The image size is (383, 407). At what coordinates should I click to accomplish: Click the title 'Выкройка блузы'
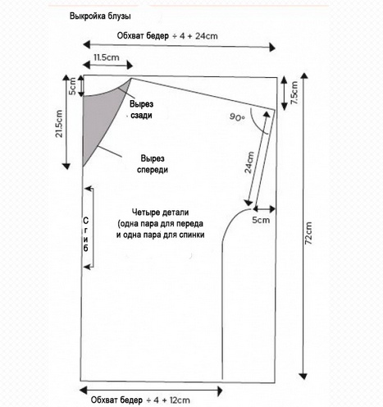coord(100,16)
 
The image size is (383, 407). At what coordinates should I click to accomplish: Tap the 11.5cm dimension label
coord(107,57)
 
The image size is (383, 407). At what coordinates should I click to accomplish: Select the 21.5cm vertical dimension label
coord(59,124)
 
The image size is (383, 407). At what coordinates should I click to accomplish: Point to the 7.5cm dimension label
coord(294,93)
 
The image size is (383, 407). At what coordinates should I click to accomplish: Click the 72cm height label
coord(308,233)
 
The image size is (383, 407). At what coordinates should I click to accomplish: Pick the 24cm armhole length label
coord(249,162)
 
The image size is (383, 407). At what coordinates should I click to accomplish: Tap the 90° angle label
coord(237,117)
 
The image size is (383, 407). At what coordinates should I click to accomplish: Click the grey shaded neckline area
coord(101,115)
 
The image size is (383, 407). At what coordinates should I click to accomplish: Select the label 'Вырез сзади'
coord(141,110)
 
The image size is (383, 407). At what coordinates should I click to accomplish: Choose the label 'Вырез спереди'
coord(153,164)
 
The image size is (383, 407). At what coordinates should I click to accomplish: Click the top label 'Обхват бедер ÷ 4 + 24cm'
coord(167,36)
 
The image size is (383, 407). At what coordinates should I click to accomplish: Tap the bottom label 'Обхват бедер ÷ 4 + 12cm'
coord(140,400)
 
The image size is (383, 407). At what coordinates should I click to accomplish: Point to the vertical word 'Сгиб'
coord(86,235)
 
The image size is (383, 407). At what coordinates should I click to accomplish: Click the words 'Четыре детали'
coord(161,213)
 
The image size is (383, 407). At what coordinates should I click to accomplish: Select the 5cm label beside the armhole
coord(261,220)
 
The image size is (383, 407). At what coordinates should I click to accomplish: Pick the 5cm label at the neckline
coord(72,86)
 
